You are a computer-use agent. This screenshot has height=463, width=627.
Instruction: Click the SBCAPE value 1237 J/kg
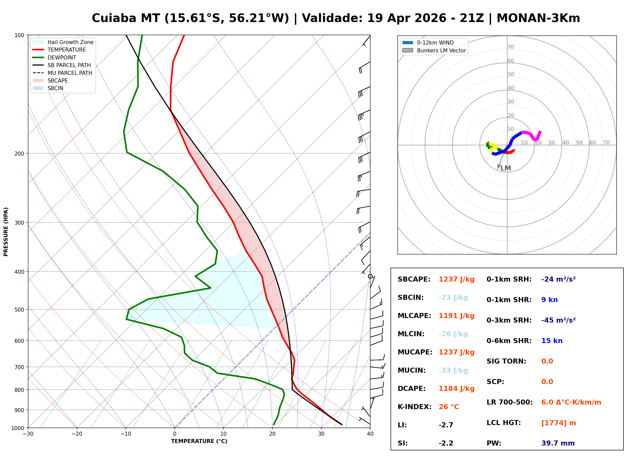tap(456, 279)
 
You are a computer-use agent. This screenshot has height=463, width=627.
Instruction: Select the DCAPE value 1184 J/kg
tap(456, 389)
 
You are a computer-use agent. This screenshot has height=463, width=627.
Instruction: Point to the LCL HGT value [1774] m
tap(559, 423)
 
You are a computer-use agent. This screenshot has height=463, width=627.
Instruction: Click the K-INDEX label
tap(414, 407)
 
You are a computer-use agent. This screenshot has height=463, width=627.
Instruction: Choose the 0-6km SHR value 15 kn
tap(552, 341)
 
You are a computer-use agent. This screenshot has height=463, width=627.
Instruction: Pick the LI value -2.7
tap(446, 425)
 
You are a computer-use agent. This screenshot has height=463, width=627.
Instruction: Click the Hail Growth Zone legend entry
tap(63, 42)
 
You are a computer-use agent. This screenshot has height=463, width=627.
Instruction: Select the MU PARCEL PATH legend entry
tap(63, 73)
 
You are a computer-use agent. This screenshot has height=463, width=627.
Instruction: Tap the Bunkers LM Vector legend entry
tap(434, 50)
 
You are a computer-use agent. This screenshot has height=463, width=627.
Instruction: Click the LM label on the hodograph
tap(505, 168)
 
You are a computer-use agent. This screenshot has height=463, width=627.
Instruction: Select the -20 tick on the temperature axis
tap(77, 434)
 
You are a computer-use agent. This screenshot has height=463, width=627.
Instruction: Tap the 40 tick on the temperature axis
tap(370, 434)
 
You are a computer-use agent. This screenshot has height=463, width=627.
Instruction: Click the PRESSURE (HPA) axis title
tap(6, 232)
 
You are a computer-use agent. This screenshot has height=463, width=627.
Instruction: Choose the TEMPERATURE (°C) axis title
tap(199, 441)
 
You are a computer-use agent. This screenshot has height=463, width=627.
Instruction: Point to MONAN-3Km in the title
tap(538, 18)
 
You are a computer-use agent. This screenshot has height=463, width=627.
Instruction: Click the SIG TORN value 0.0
tap(547, 361)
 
